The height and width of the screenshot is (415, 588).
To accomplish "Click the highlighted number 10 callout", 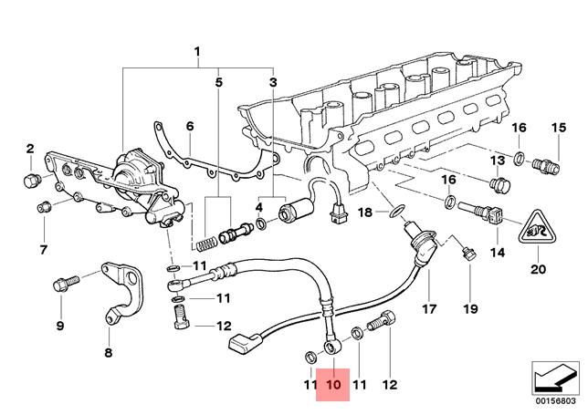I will [332, 385].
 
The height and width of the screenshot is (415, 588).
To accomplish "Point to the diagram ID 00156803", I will [554, 399].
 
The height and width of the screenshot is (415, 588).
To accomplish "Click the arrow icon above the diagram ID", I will [554, 375].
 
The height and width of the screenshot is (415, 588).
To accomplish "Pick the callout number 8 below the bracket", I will [108, 353].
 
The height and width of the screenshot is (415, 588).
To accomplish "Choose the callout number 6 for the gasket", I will [190, 126].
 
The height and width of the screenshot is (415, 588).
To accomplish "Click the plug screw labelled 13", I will [499, 186].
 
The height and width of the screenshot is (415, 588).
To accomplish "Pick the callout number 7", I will [42, 249].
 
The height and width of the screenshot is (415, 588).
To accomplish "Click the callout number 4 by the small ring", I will [259, 208].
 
